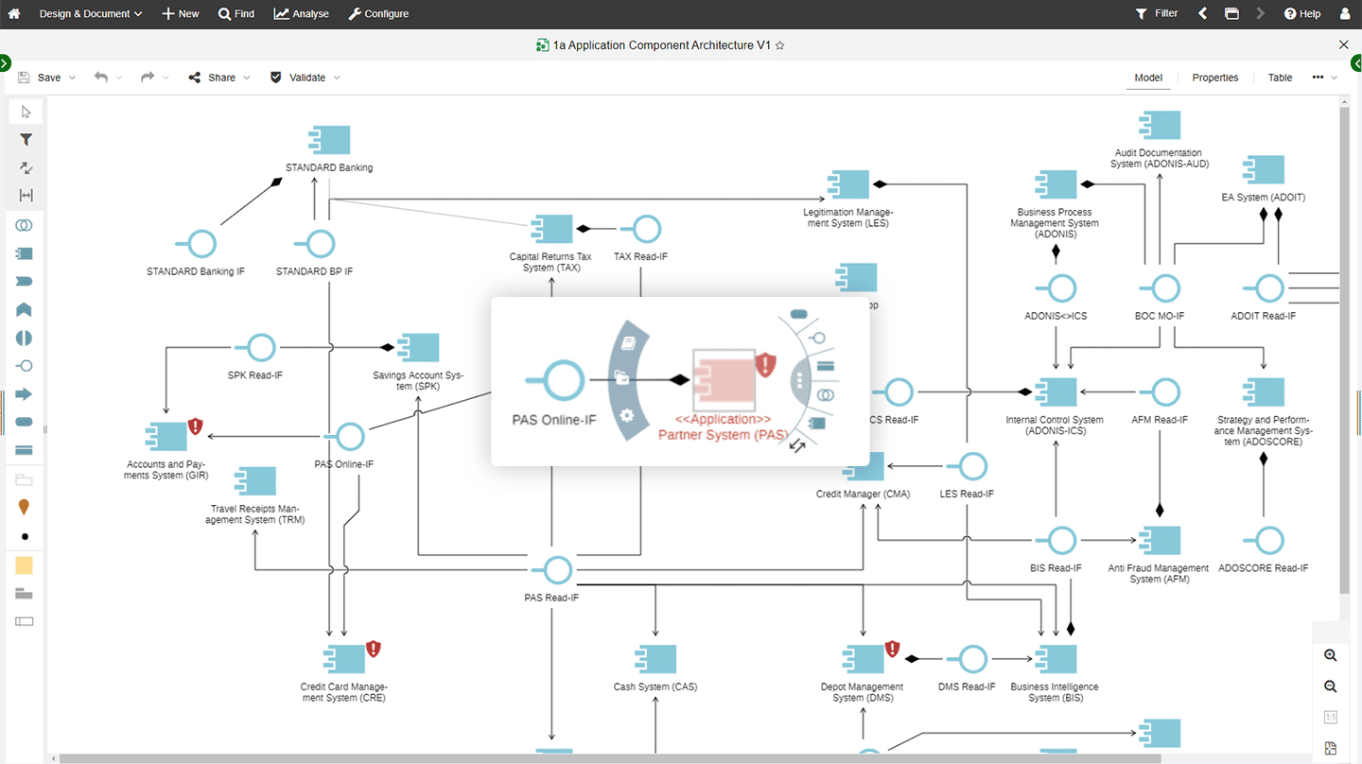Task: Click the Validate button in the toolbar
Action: click(x=306, y=78)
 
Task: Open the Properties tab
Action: click(x=1214, y=78)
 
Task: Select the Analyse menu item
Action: click(x=301, y=13)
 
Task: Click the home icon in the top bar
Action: click(x=14, y=13)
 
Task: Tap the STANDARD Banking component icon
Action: click(x=329, y=140)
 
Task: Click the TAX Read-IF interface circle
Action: click(x=646, y=229)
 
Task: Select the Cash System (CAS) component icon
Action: click(x=655, y=659)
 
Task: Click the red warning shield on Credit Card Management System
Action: click(x=373, y=650)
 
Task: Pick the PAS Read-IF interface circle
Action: click(x=557, y=570)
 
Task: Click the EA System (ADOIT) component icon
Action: click(x=1264, y=169)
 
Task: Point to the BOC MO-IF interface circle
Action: click(x=1165, y=288)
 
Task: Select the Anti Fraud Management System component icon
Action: click(x=1160, y=540)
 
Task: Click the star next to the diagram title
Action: click(x=780, y=45)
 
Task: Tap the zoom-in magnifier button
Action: click(x=1331, y=655)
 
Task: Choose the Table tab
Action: click(x=1280, y=78)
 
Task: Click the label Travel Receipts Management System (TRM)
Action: click(x=254, y=514)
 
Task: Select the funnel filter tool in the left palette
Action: click(x=26, y=140)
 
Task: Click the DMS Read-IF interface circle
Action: click(x=972, y=659)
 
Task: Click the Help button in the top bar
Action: click(x=1302, y=13)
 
